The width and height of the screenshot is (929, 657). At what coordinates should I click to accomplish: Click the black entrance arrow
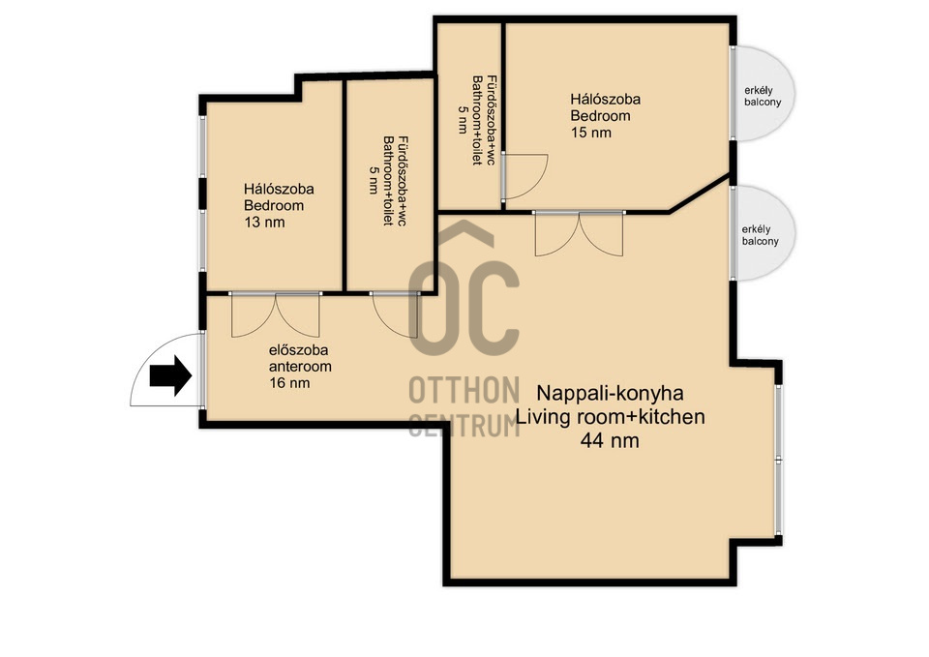click(x=170, y=375)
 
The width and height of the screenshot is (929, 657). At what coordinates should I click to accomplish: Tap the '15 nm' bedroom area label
click(x=590, y=133)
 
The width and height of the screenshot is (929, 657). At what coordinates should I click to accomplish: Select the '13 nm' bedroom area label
click(x=264, y=223)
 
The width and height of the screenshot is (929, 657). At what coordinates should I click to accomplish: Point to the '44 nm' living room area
click(x=610, y=441)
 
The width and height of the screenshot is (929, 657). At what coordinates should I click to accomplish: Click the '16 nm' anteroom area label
click(x=289, y=383)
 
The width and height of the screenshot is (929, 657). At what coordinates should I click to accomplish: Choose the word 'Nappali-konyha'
click(x=610, y=393)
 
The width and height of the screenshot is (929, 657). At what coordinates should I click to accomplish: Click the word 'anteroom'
click(x=300, y=367)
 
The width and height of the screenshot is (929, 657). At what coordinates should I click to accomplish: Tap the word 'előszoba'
click(x=298, y=350)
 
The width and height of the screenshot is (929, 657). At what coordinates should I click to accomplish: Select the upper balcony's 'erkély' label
click(x=759, y=91)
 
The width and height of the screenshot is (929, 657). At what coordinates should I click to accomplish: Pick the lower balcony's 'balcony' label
click(x=761, y=241)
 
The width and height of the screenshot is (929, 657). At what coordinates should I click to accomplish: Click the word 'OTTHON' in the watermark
click(x=464, y=391)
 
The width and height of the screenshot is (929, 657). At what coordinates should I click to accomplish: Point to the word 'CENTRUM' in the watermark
click(x=464, y=425)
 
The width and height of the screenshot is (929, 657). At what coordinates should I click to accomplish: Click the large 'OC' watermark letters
click(x=464, y=308)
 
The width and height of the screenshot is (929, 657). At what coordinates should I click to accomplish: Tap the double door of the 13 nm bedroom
click(x=276, y=314)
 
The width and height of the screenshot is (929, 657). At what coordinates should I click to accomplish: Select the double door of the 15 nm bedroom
click(x=579, y=233)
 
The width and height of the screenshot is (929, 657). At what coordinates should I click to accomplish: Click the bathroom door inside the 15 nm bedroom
click(x=524, y=176)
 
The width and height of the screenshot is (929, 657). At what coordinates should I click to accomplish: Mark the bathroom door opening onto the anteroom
click(x=395, y=314)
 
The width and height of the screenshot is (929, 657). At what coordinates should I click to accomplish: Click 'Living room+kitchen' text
click(x=611, y=417)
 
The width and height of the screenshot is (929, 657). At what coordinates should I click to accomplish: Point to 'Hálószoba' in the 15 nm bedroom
click(x=605, y=99)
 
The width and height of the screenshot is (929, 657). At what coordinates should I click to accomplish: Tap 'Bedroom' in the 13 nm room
click(x=274, y=205)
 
